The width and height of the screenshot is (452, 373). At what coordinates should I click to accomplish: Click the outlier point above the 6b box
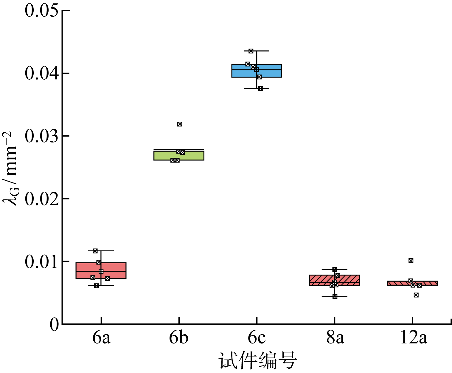coord(180,124)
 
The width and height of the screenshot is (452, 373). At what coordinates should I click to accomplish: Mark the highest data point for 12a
coord(411,261)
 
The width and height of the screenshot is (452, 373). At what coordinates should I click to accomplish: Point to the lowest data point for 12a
coord(416,295)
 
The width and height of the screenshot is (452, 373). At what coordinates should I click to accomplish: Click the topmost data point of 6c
coord(251,51)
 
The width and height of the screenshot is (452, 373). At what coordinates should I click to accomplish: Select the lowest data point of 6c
coord(260,89)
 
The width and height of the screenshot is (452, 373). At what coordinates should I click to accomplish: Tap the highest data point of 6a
coord(95,251)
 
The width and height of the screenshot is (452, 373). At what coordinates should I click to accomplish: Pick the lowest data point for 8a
coord(335,296)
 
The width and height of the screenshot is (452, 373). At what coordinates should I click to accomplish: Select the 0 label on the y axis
coord(54,324)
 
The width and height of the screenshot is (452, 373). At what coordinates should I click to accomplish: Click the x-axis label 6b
coord(178,338)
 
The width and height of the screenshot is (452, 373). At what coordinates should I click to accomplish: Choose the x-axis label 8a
coord(335,338)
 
